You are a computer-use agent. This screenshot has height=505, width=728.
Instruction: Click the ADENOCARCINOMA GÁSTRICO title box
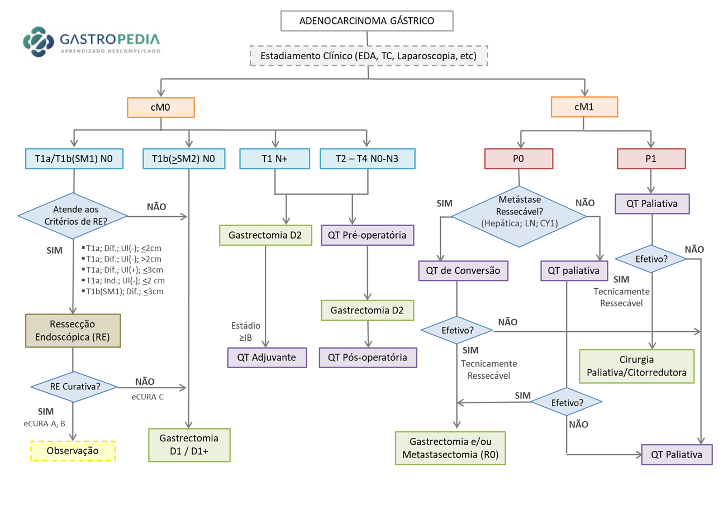point(367,22)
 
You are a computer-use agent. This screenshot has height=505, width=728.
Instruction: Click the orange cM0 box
point(161,107)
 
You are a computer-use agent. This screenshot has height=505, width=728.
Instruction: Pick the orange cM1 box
point(584,107)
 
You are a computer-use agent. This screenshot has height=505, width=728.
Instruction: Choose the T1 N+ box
point(275,158)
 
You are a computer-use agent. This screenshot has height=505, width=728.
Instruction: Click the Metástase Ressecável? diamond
point(520,216)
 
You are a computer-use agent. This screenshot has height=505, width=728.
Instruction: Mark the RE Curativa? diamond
point(74,387)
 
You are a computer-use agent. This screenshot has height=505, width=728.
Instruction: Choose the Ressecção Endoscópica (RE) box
point(73,330)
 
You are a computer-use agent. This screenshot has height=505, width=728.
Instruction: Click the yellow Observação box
point(73,450)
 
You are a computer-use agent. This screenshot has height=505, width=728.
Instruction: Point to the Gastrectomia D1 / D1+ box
point(189,445)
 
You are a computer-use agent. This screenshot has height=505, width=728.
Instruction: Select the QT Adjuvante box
point(268,358)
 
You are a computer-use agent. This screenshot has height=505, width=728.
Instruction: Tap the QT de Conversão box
point(463,271)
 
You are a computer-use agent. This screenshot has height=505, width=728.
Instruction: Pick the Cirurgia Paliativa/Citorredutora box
point(636,366)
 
